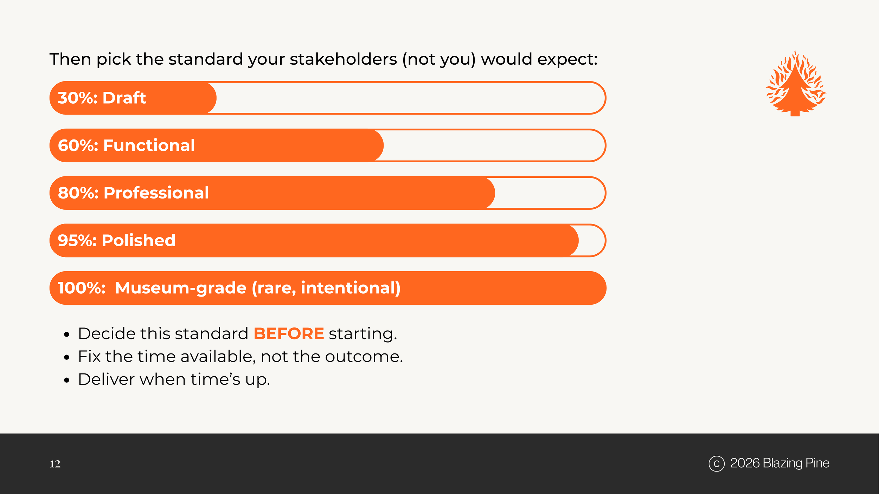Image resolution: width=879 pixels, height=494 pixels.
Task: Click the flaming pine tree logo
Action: (795, 84)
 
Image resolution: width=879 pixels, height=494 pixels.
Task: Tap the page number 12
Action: (55, 464)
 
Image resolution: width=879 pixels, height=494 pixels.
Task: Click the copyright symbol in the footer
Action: (717, 463)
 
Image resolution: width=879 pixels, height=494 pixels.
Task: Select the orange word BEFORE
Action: (289, 333)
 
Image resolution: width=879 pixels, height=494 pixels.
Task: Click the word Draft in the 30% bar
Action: (124, 98)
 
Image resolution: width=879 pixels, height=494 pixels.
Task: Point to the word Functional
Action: (149, 145)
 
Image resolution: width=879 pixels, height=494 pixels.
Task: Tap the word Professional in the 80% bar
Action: (156, 193)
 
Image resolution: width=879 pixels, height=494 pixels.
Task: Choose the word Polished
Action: (139, 240)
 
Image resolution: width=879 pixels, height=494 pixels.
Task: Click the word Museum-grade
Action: (181, 288)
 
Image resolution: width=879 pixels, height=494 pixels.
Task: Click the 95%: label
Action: (77, 240)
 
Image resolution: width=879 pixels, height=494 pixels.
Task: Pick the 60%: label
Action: (78, 145)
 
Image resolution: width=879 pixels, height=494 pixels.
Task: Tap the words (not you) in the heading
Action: (439, 59)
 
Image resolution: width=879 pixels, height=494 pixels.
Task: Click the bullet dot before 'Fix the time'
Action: (67, 357)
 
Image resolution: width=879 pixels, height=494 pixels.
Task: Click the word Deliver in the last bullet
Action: (107, 379)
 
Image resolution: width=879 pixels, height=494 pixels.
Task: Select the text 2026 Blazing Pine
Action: (779, 463)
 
